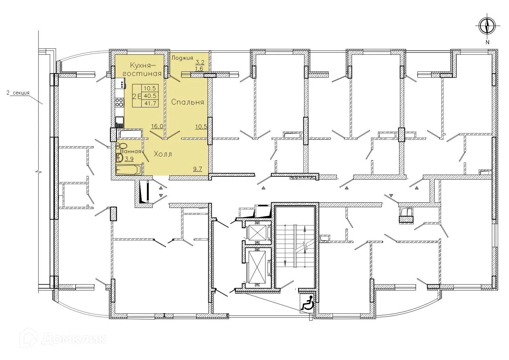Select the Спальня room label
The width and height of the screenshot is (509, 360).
(x=188, y=102)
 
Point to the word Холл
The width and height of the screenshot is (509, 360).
(x=163, y=154)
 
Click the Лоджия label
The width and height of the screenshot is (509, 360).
(x=182, y=58)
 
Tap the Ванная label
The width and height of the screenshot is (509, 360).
(x=130, y=152)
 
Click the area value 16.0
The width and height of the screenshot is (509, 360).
(x=157, y=126)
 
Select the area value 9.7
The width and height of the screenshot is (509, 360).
(x=197, y=169)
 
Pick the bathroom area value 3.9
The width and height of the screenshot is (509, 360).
(x=129, y=158)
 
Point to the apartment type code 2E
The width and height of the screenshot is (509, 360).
(x=137, y=96)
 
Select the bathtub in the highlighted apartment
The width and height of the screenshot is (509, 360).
(x=128, y=169)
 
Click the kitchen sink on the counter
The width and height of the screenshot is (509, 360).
(x=120, y=121)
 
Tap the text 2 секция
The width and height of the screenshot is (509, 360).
(x=18, y=93)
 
